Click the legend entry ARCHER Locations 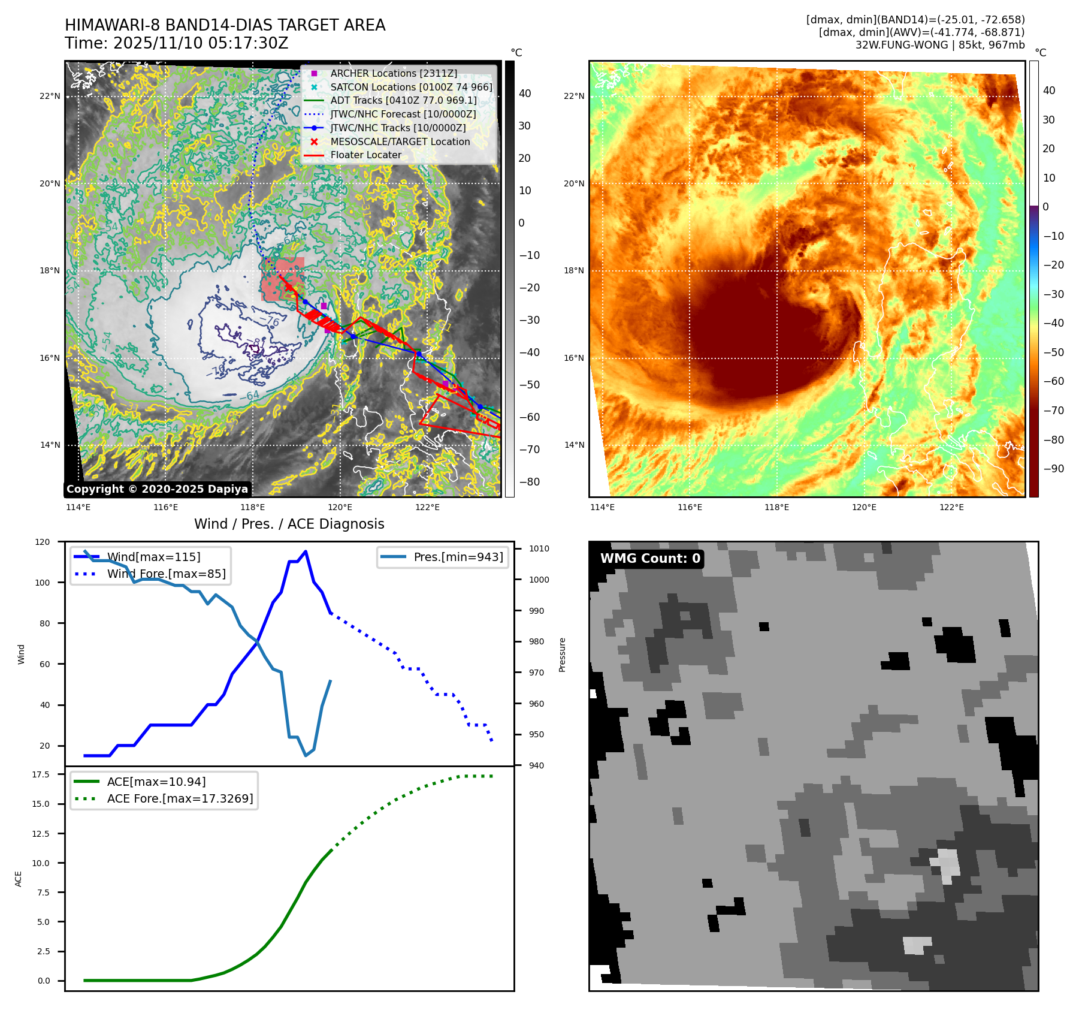coord(393,73)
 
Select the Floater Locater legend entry coord(365,155)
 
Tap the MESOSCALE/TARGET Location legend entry coord(400,141)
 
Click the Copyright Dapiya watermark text coord(157,489)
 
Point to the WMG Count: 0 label coord(650,559)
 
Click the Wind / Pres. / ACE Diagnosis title coord(289,524)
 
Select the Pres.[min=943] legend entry coord(458,557)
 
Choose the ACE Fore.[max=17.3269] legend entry coord(180,798)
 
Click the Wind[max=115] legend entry coord(153,557)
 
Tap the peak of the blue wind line coord(306,551)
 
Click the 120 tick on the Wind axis coord(43,542)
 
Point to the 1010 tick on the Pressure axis coord(539,548)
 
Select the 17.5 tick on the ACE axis coord(41,774)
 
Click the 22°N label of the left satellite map coord(50,96)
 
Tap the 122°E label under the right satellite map coord(951,507)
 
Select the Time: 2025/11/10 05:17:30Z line coord(177,44)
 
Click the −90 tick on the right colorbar coord(1053,469)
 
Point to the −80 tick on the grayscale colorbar coord(529,482)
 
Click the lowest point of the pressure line coord(306,755)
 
